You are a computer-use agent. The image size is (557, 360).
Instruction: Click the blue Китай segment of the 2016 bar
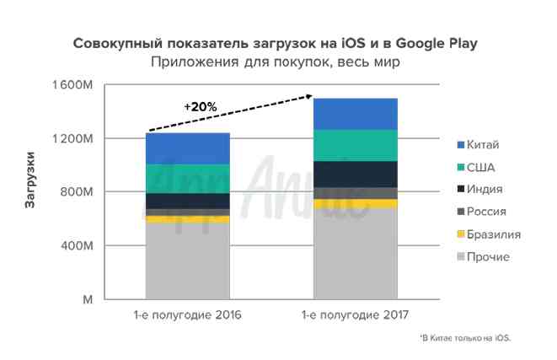188,148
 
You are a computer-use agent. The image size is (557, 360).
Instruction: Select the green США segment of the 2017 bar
355,145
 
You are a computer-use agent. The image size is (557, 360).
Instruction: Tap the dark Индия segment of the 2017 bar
355,174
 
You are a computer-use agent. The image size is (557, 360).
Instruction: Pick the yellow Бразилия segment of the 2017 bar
355,203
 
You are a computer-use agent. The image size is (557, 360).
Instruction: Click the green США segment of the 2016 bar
188,179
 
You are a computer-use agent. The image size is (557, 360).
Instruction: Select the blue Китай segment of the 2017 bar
355,114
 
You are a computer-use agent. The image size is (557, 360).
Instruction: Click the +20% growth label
201,107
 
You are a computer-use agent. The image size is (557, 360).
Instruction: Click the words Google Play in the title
443,43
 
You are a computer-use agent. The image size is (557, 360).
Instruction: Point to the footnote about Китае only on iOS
466,338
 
